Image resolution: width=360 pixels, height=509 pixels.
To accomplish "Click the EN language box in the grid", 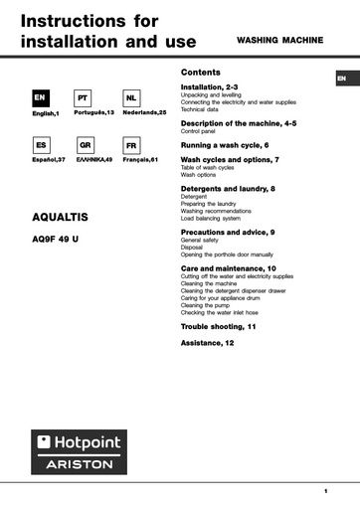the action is (39, 98).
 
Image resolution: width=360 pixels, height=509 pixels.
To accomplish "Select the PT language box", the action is (85, 98).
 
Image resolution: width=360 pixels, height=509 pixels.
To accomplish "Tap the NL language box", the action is (130, 98).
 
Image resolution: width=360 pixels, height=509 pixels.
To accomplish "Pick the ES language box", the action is (39, 145).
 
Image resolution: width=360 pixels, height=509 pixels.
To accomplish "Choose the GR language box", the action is (85, 145).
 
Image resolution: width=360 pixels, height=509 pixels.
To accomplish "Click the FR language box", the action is (130, 145).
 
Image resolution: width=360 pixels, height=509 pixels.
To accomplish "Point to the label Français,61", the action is (136, 159).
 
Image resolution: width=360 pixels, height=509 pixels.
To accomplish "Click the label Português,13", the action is (94, 113).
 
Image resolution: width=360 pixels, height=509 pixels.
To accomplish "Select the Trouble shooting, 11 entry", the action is (219, 326).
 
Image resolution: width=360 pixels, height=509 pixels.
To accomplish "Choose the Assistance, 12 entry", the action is (208, 342).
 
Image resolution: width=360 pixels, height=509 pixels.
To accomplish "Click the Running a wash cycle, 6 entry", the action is (225, 144).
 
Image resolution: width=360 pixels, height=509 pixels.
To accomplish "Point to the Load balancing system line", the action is (210, 218).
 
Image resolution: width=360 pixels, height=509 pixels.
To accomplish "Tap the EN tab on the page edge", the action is (341, 78).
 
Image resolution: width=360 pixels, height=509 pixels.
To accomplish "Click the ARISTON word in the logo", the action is (80, 464).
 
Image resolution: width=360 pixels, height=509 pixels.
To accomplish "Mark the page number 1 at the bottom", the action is (325, 491).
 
